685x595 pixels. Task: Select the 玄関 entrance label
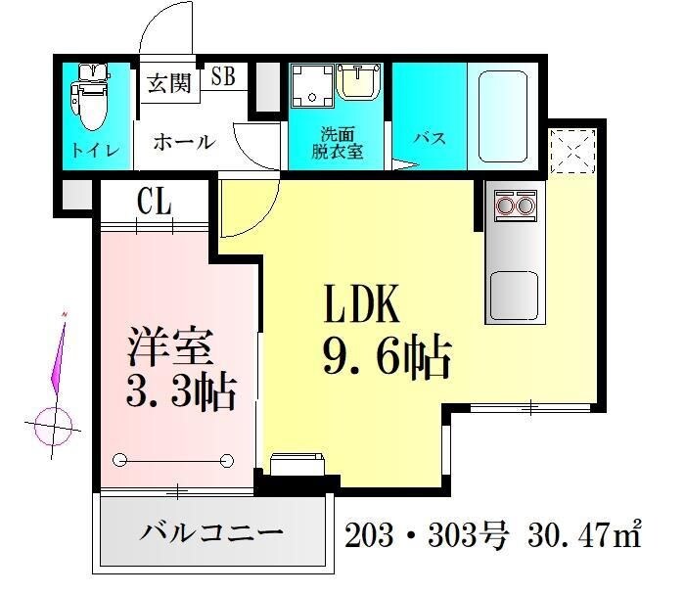(170, 83)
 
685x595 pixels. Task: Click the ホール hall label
(183, 141)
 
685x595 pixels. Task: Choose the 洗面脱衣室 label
(338, 144)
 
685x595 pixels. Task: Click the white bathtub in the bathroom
(504, 116)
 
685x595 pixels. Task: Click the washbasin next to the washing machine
(361, 87)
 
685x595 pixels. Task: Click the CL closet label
(155, 204)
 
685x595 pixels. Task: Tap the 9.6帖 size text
(386, 359)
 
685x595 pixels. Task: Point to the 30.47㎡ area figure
(581, 535)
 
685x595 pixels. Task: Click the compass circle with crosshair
(55, 426)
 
